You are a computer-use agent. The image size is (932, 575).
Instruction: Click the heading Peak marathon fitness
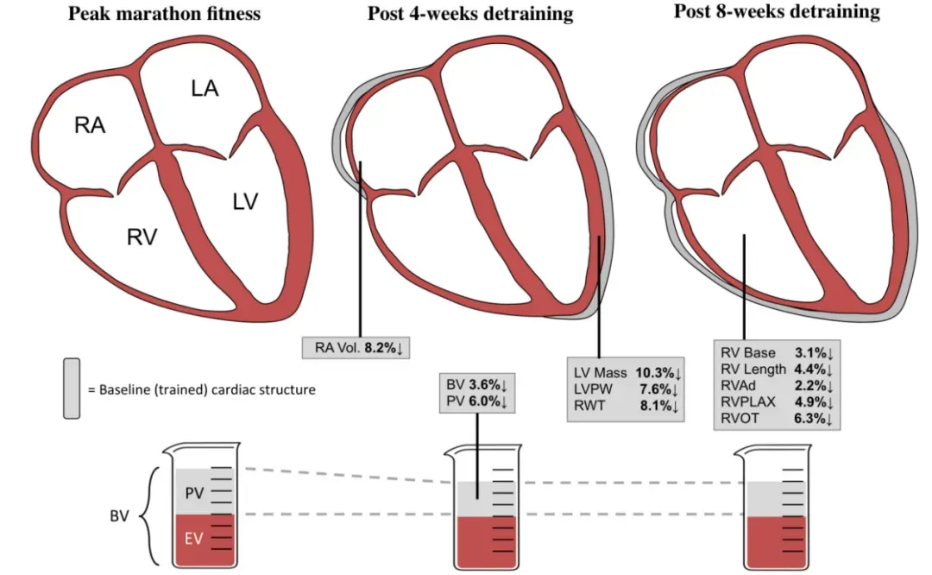click(164, 13)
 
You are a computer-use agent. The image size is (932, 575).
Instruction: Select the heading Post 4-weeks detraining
click(470, 13)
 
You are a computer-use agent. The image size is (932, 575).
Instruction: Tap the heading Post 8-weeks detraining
click(777, 11)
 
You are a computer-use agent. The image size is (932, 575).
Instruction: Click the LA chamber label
click(205, 89)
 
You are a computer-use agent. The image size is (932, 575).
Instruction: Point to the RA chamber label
click(90, 125)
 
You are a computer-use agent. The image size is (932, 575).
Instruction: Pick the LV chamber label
click(245, 201)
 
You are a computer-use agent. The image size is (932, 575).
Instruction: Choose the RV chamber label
click(142, 237)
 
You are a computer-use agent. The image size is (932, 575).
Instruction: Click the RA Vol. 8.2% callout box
click(356, 348)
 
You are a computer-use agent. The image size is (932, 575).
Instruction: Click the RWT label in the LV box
click(589, 406)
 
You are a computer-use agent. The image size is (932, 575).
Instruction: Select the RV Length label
click(753, 370)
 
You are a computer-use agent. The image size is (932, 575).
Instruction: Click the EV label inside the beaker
click(194, 539)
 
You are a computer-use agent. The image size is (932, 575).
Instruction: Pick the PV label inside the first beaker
click(194, 493)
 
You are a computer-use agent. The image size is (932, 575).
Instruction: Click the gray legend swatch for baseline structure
click(72, 389)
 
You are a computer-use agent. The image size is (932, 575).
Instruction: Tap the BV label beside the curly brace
click(119, 515)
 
